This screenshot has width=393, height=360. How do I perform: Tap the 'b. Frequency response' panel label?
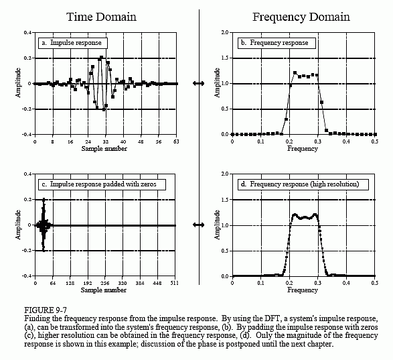pos(274,42)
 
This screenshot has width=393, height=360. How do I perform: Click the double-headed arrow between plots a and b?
pos(198,83)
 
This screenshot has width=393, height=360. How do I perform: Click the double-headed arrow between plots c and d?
pos(198,225)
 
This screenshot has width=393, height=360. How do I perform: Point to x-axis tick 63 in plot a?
pos(176,142)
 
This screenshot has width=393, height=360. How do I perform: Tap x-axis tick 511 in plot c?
pos(175,284)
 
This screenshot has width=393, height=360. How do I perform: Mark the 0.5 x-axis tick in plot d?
pos(374,284)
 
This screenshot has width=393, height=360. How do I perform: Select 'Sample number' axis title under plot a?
pos(104,148)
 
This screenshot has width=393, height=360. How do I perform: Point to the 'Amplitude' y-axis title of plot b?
pos(216,83)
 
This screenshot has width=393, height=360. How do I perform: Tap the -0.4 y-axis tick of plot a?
pos(26,135)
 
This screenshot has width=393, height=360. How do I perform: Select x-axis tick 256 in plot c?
pos(104,284)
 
